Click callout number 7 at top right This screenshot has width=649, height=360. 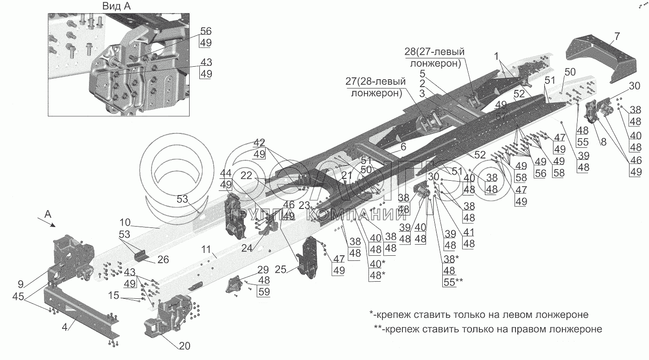617,37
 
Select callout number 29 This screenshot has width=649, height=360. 263,269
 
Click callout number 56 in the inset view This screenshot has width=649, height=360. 205,32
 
